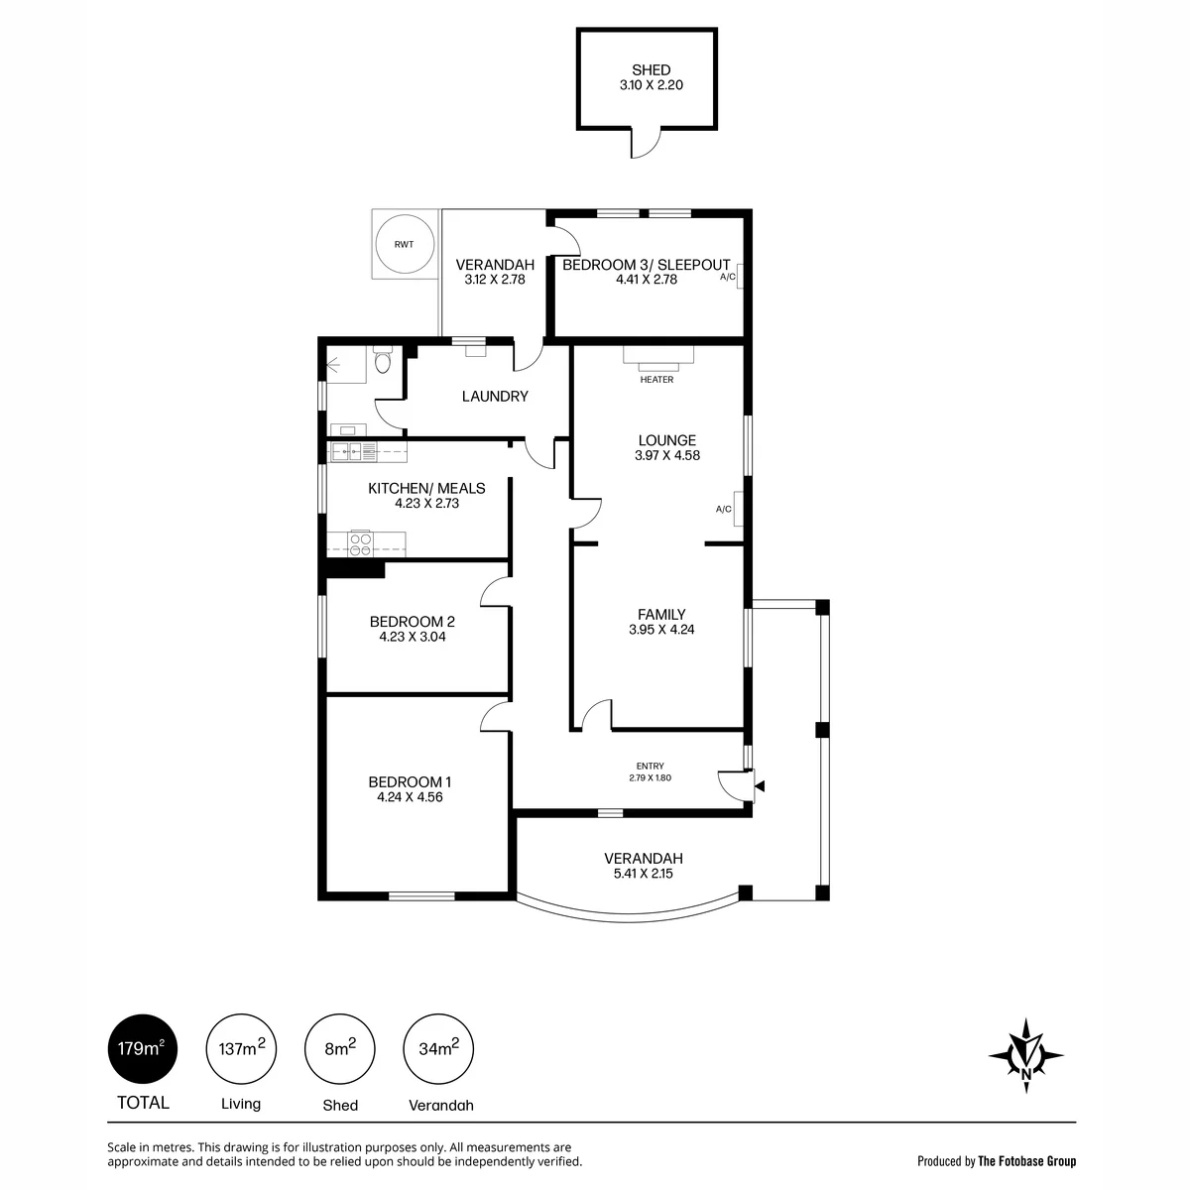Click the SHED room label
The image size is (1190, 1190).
[x=651, y=69]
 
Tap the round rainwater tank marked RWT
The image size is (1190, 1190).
[x=405, y=244]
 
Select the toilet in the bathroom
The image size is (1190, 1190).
[x=383, y=359]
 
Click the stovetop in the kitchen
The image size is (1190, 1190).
[x=360, y=543]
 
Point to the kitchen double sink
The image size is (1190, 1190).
[x=347, y=452]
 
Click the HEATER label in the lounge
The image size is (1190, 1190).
[x=656, y=379]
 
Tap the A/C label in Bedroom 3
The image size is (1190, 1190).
[x=728, y=277]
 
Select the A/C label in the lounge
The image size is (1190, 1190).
[x=723, y=509]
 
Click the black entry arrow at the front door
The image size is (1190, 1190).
[x=760, y=786]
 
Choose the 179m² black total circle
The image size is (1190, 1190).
[x=143, y=1048]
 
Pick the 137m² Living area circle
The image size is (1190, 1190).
[x=241, y=1048]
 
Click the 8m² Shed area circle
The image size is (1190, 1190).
[x=340, y=1048]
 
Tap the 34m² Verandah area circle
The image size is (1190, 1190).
[x=438, y=1048]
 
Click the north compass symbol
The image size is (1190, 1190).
[x=1025, y=1055]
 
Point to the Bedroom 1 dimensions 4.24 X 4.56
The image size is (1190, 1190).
[x=410, y=797]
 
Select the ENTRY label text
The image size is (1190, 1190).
[x=650, y=766]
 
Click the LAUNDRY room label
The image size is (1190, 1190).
[x=495, y=397]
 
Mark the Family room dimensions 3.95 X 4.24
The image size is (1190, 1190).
[x=661, y=630]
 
